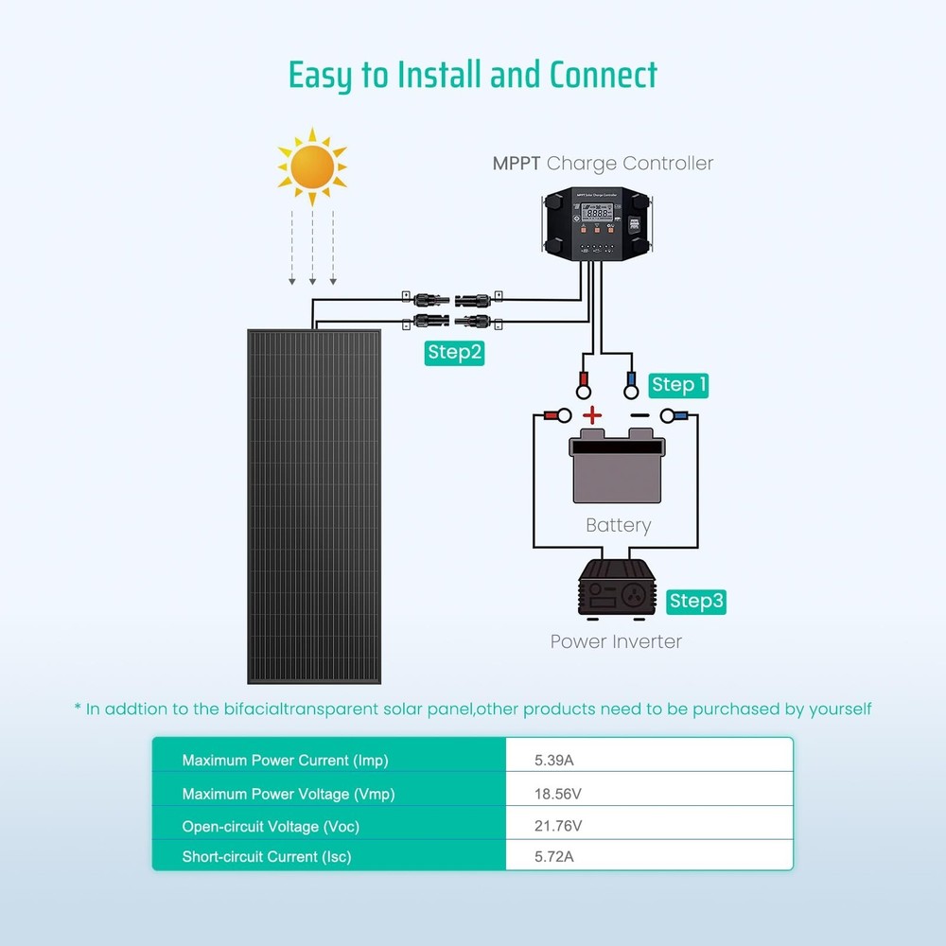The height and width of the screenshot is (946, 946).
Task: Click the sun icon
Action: [x=311, y=167]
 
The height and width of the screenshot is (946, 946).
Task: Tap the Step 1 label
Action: [x=679, y=385]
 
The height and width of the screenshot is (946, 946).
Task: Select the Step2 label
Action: [x=455, y=353]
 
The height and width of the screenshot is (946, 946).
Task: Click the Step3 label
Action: [x=696, y=601]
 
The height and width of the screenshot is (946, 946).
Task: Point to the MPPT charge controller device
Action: [x=596, y=224]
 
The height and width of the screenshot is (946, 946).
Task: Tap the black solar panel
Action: [x=314, y=506]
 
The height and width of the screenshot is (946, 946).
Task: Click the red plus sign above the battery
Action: [x=591, y=414]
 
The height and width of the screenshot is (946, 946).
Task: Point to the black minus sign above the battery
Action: [x=639, y=415]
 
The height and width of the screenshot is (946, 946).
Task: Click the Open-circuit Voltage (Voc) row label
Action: [x=271, y=826]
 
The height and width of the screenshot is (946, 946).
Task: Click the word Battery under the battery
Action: [x=618, y=525]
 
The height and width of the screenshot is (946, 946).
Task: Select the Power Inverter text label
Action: [x=616, y=641]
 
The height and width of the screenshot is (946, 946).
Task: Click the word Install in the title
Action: [x=438, y=75]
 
